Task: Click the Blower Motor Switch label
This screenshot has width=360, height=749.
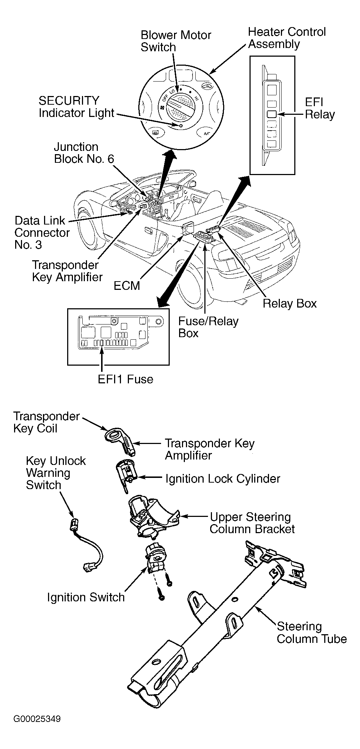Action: click(176, 41)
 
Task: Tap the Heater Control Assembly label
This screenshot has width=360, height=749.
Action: click(287, 38)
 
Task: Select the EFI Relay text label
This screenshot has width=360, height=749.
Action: click(320, 108)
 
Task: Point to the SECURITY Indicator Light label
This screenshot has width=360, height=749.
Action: click(76, 106)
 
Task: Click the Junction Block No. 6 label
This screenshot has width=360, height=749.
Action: click(84, 153)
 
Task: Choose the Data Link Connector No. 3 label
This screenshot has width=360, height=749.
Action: click(42, 232)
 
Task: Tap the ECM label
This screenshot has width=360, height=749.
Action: click(127, 286)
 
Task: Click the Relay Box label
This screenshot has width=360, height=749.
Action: click(290, 303)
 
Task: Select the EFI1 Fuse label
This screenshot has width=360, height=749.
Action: click(126, 379)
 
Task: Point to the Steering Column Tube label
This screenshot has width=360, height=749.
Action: click(312, 632)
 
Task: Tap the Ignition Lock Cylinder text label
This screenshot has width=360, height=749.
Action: click(222, 479)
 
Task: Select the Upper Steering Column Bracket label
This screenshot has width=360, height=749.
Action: click(252, 523)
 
